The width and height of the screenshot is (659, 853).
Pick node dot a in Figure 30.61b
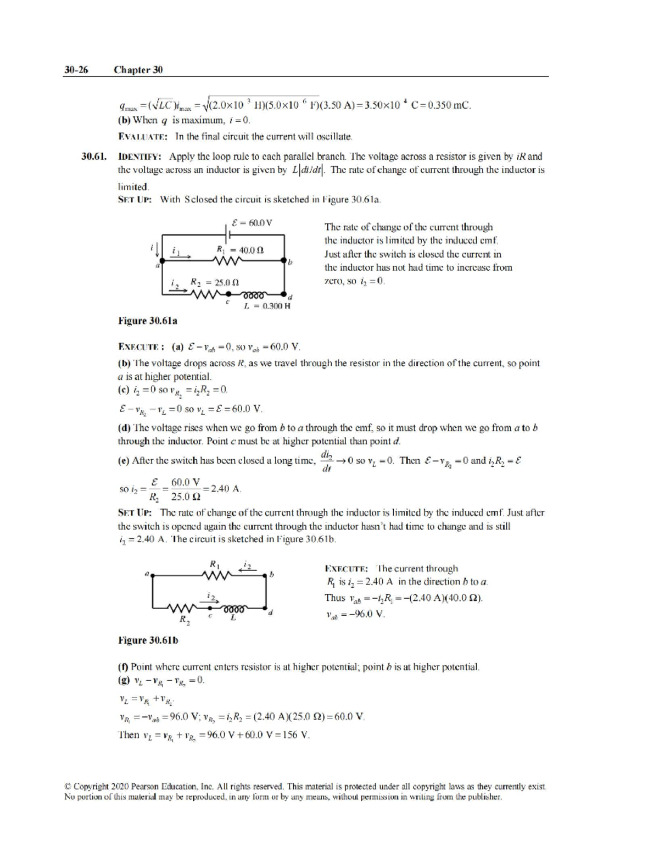point(152,575)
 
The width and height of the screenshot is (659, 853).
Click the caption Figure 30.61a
point(148,320)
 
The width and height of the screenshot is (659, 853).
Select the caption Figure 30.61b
point(148,640)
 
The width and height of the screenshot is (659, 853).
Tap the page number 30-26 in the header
point(76,70)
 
